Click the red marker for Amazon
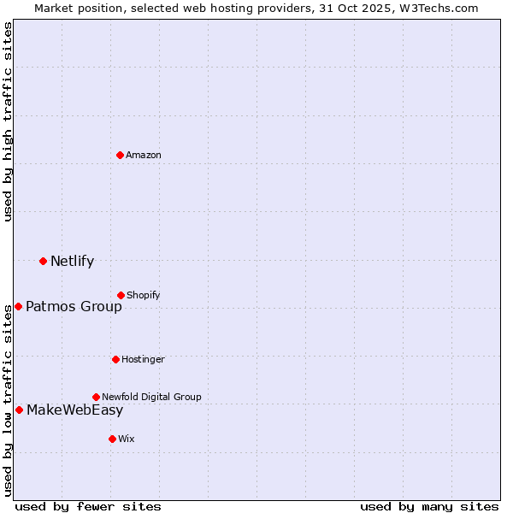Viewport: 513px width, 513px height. coord(120,155)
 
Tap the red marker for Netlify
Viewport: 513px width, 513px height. coord(43,261)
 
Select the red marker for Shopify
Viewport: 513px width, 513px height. coord(121,295)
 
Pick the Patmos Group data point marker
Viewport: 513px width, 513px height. coord(18,306)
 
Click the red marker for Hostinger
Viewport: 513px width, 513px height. coord(115,359)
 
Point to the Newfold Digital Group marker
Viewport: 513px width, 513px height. coord(96,397)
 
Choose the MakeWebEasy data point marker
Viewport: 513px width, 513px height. coord(19,410)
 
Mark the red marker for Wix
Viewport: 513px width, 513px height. coord(112,439)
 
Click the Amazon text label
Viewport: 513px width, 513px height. coord(144,155)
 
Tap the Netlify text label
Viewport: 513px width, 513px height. coord(72,261)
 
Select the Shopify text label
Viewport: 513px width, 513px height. coord(144,295)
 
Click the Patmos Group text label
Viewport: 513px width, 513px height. coord(74,306)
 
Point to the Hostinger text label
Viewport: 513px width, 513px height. coord(143,359)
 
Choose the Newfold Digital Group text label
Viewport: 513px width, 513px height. coord(151,397)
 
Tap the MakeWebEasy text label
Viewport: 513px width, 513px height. coord(74,410)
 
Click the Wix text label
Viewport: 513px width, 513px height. coord(127,439)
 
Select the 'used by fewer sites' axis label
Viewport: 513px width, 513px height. coord(88,506)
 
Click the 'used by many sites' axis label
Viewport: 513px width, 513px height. coord(429,506)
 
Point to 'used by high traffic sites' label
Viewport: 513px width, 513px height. coord(8,121)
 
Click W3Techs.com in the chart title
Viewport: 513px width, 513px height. coord(436,8)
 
